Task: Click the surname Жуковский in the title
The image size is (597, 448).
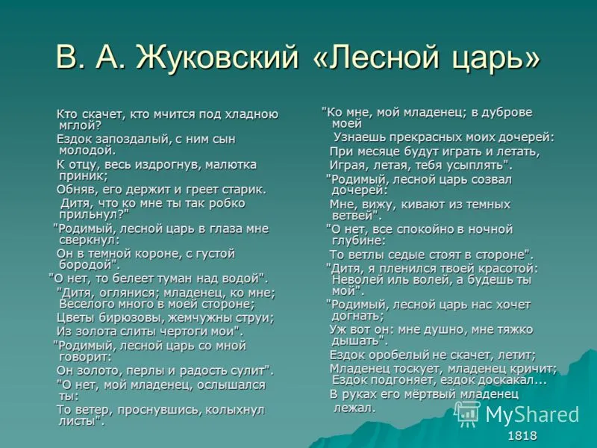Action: coord(217,57)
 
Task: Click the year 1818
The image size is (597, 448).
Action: coord(522,435)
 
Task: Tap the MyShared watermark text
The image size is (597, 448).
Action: coord(532,414)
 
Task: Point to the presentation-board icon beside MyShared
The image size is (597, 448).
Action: coord(468,414)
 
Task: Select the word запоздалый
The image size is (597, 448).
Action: coord(132,140)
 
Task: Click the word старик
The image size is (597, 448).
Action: coord(244,190)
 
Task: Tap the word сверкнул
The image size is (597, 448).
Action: coord(90,240)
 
